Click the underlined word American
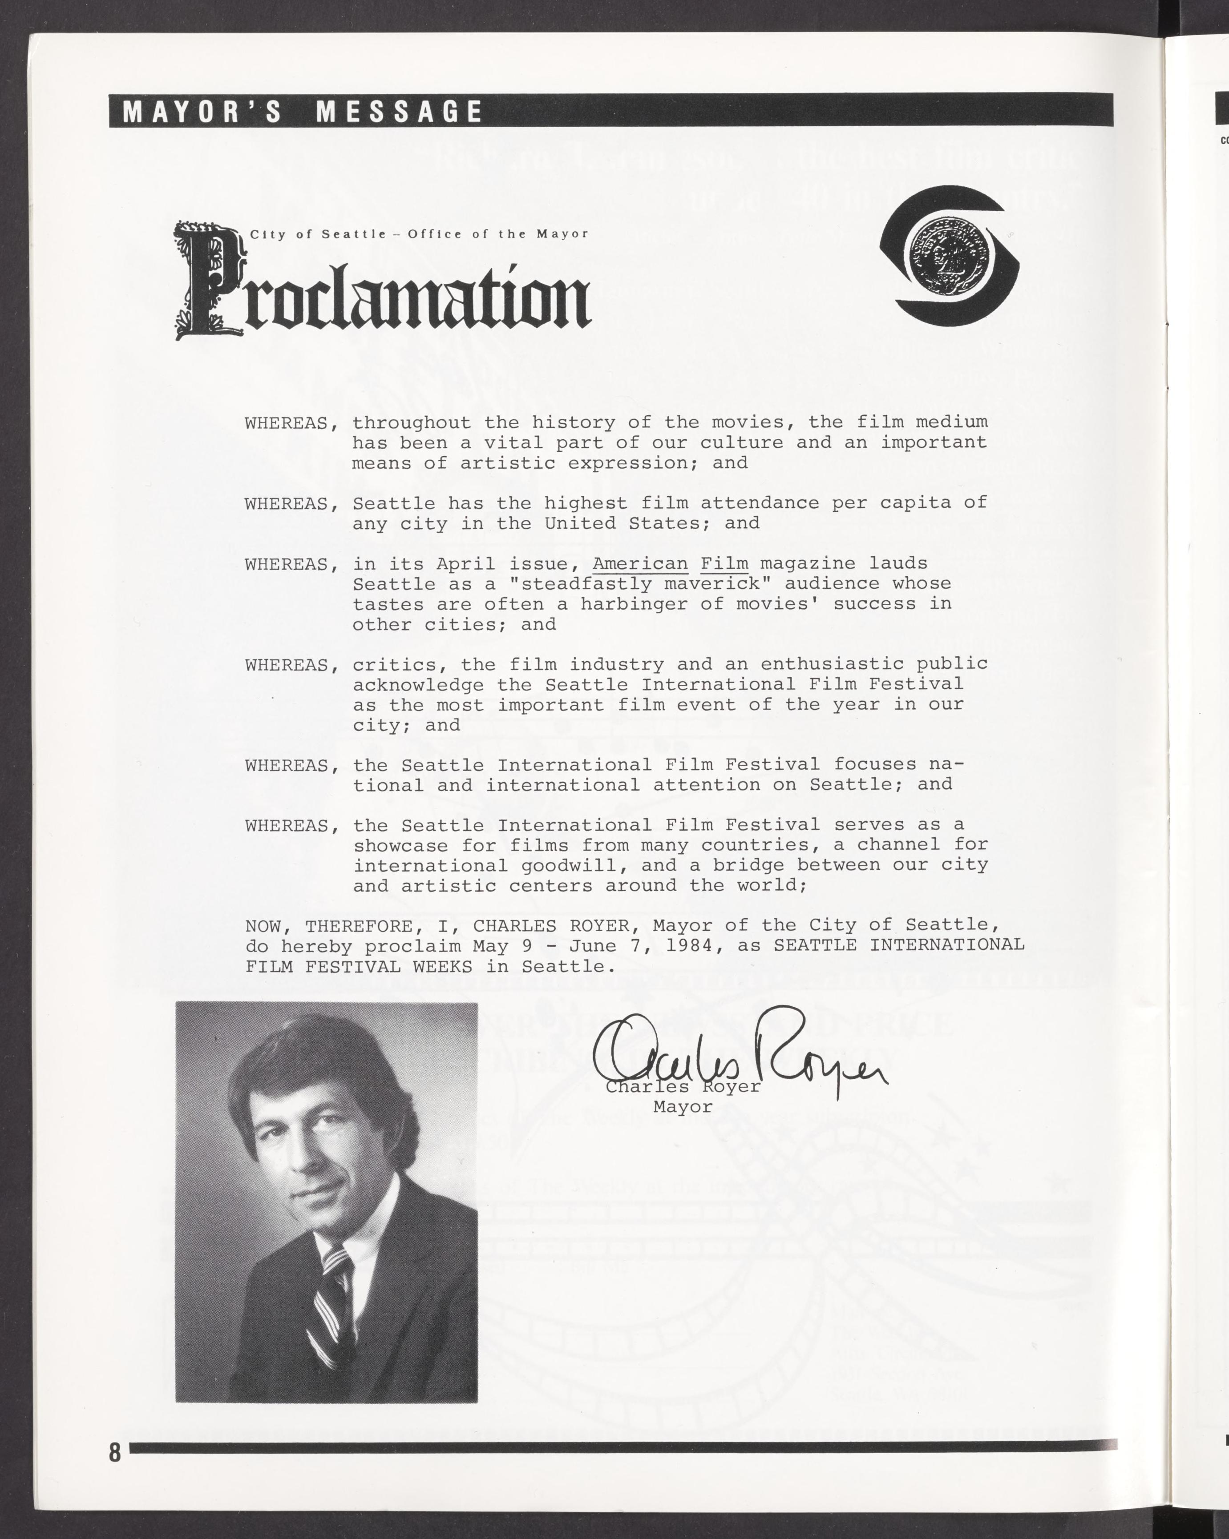[640, 563]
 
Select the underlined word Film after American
[724, 563]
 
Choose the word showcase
[400, 845]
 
